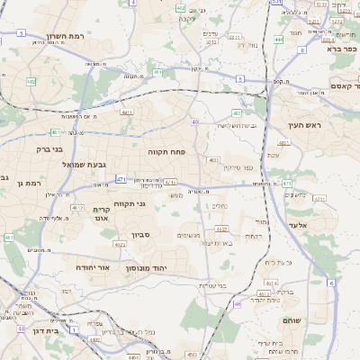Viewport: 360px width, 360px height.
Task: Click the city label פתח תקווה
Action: pyautogui.click(x=165, y=153)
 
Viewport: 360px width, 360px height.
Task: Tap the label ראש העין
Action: pyautogui.click(x=304, y=126)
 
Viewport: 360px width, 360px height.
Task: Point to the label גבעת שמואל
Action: pyautogui.click(x=59, y=166)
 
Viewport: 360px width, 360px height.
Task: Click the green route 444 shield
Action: pyautogui.click(x=279, y=40)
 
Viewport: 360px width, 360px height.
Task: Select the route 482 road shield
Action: pyautogui.click(x=31, y=82)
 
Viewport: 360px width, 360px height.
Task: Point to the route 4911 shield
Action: pyautogui.click(x=126, y=112)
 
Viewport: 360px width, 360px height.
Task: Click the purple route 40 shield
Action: pyautogui.click(x=194, y=121)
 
